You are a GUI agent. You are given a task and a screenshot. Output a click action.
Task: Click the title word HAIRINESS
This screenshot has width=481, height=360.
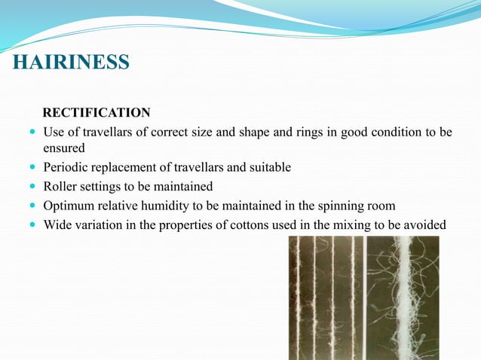click(71, 62)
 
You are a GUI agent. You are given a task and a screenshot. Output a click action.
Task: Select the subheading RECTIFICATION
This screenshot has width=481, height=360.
click(97, 113)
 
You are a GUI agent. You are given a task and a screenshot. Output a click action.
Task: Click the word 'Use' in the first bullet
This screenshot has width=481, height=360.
click(55, 133)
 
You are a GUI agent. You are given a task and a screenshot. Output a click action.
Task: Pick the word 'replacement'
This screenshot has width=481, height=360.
click(126, 167)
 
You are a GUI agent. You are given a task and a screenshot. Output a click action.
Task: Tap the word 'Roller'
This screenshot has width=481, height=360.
click(60, 186)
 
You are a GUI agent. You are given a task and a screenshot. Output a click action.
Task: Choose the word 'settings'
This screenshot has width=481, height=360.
click(102, 186)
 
